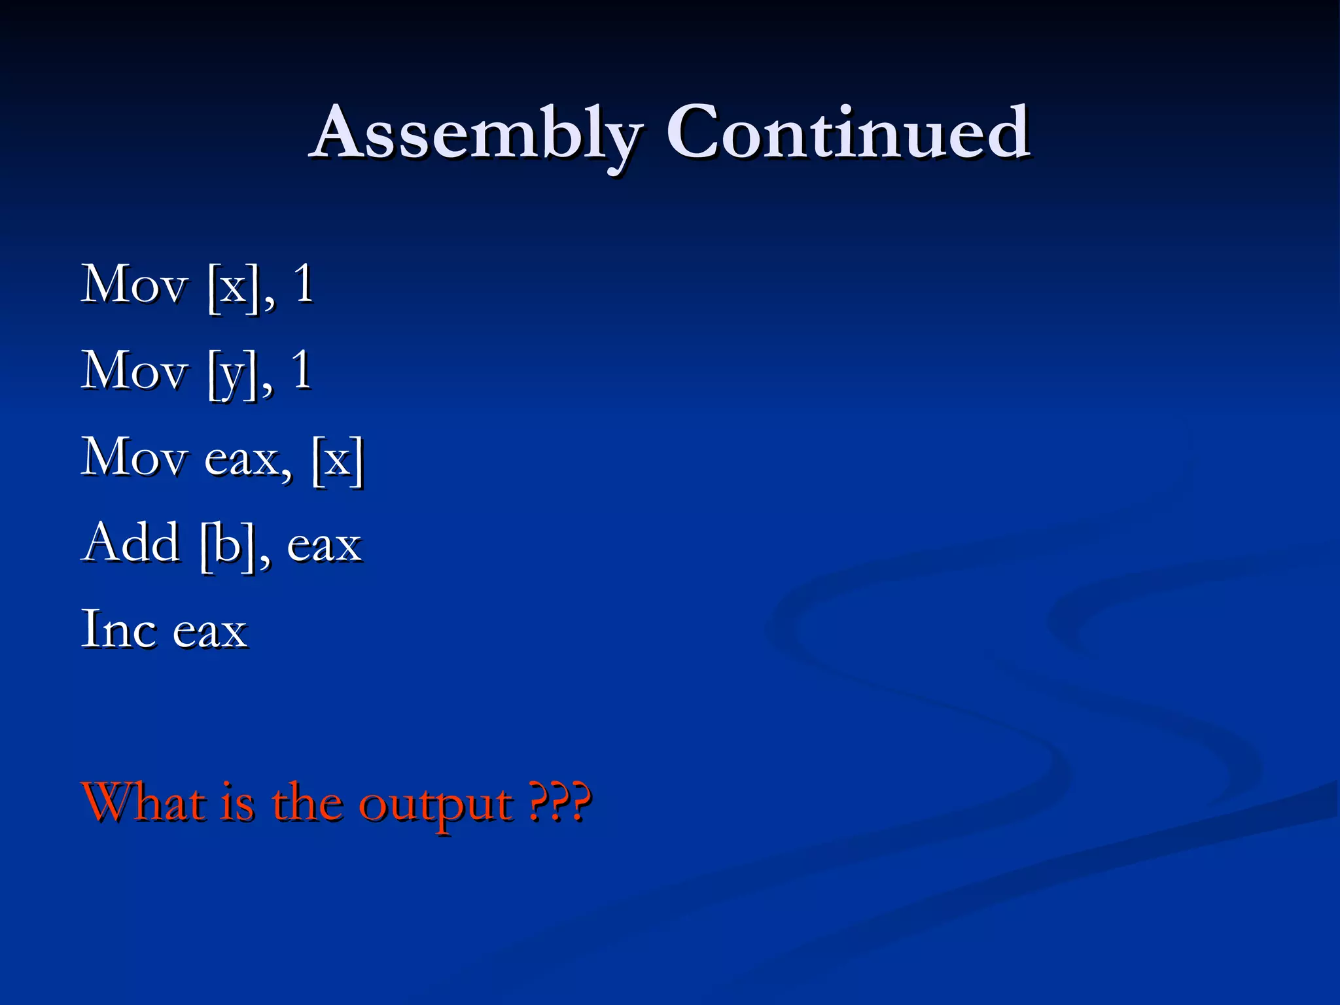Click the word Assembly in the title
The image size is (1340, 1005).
coord(476,133)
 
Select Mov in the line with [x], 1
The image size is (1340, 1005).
coord(134,285)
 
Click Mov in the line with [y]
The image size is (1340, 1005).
coord(134,371)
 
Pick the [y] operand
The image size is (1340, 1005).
coord(232,374)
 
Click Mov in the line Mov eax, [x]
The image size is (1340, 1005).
coord(134,457)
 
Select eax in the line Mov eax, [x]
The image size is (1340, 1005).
coord(248,460)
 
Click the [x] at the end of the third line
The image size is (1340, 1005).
coord(338,460)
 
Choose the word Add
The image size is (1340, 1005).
coord(132,543)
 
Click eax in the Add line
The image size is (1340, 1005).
coord(325,546)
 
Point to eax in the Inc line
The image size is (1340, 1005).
coord(210,633)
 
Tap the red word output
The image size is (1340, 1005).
coord(436,806)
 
